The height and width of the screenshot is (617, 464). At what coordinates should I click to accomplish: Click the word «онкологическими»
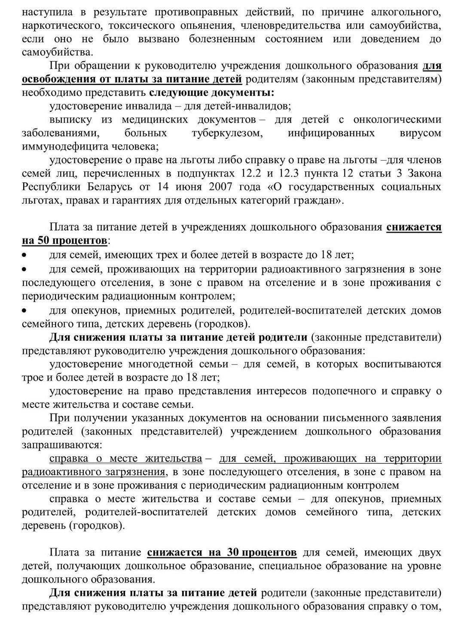click(397, 119)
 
